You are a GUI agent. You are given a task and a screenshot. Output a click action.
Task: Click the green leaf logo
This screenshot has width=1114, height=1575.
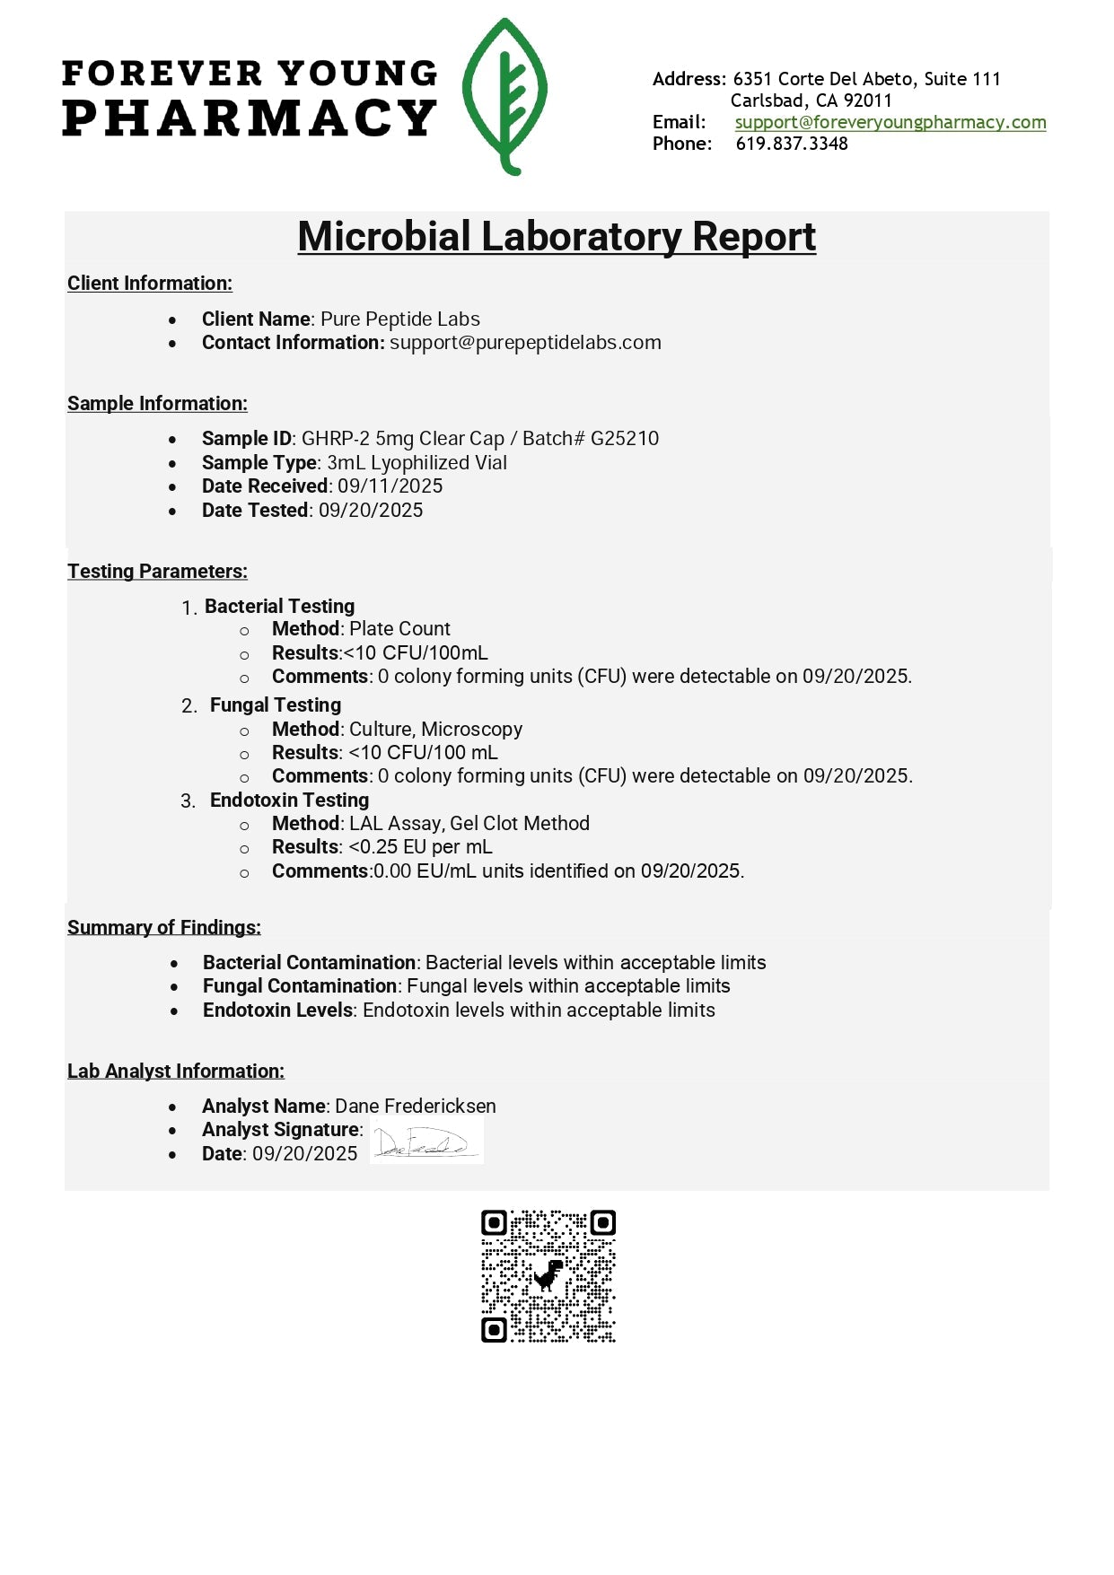[x=504, y=97]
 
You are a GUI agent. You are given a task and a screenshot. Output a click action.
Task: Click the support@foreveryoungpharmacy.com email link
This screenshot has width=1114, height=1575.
[x=890, y=122]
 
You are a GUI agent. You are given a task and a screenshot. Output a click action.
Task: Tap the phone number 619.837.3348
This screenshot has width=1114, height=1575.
[x=791, y=144]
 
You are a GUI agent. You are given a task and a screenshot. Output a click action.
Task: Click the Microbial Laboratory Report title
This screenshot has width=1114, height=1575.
[x=557, y=237]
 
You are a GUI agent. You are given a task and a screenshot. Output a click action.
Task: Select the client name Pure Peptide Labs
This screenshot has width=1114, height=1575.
[x=399, y=319]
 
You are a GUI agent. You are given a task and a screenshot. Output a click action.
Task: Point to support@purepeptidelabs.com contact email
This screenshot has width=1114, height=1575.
[x=525, y=343]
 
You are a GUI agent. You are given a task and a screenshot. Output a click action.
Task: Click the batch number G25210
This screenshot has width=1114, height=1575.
[x=624, y=439]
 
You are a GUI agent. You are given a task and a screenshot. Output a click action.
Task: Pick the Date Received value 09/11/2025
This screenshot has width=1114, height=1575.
[x=390, y=486]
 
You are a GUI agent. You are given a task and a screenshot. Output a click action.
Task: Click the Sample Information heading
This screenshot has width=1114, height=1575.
[x=157, y=404]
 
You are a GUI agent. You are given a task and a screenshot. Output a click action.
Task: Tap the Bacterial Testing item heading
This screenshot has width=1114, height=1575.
[x=279, y=607]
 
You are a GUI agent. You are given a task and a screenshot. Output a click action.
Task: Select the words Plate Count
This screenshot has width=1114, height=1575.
[x=399, y=629]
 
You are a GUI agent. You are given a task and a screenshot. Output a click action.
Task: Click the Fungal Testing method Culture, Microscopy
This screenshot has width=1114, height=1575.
[x=435, y=730]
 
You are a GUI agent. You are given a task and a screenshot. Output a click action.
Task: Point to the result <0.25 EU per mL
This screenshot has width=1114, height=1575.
[x=420, y=847]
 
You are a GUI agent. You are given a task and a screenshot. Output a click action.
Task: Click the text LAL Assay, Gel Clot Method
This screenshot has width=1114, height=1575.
[x=469, y=824]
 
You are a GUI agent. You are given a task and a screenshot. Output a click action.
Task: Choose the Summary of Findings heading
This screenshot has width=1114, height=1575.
[x=163, y=928]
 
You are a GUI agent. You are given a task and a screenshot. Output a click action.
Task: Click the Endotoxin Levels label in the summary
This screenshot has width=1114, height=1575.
[x=277, y=1011]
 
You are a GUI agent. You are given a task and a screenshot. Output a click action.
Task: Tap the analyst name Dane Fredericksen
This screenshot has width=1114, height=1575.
[x=415, y=1107]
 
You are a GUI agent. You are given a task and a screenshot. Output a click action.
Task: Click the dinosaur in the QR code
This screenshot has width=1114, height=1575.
[x=548, y=1274]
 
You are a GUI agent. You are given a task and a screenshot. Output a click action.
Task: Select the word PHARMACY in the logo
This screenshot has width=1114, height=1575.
[x=249, y=118]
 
